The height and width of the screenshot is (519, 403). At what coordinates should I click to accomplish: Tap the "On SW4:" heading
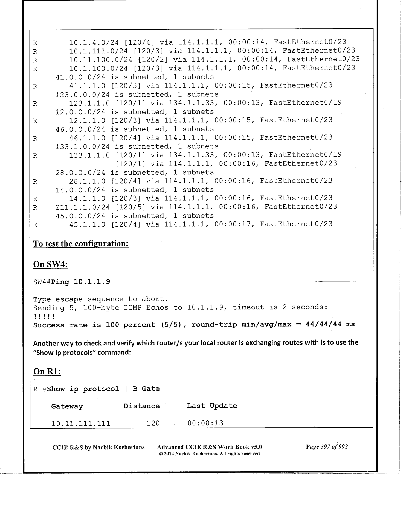50,264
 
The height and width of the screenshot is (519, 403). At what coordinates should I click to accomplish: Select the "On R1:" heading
47,371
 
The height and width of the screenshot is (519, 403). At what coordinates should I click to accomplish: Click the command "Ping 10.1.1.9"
80,282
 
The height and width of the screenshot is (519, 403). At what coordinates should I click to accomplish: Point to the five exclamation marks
44,316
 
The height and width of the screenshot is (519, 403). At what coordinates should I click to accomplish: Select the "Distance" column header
141,406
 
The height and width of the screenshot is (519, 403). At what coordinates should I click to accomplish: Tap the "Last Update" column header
212,406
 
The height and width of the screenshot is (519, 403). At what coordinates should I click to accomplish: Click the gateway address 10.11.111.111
81,423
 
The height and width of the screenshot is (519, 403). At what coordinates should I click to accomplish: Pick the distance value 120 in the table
153,423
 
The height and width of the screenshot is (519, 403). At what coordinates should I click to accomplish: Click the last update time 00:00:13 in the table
205,423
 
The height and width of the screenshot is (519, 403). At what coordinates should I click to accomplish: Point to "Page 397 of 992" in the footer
327,447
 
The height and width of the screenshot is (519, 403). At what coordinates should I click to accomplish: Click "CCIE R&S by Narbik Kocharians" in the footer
98,447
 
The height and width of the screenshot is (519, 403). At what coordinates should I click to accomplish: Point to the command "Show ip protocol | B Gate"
103,389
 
